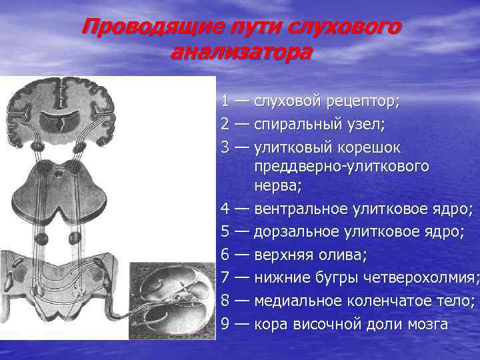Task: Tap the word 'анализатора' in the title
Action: (241, 52)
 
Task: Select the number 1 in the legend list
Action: (227, 101)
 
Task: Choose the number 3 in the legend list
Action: (227, 146)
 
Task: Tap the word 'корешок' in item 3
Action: (376, 146)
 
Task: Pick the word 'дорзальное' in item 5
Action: (297, 232)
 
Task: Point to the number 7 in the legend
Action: (227, 277)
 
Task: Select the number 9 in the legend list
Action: (227, 324)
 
